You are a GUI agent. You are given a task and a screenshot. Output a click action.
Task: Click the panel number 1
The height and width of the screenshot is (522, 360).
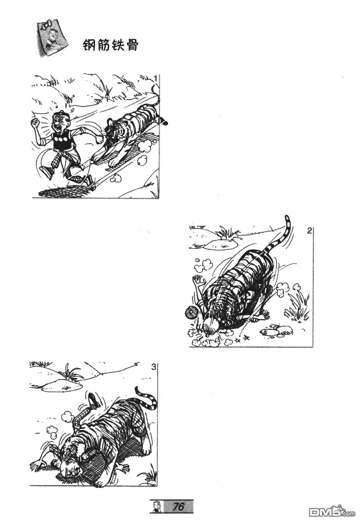click(156, 78)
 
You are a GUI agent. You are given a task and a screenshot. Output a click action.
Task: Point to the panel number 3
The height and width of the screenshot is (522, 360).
click(153, 367)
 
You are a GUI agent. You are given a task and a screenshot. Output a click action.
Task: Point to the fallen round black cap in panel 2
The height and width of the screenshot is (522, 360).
click(191, 313)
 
